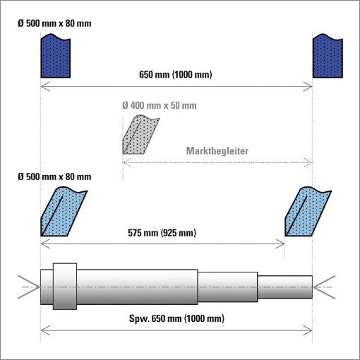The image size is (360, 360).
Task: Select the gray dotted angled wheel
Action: (x=139, y=136)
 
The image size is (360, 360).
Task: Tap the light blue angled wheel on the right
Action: (x=307, y=212)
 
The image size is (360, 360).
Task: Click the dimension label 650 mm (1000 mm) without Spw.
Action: (x=176, y=75)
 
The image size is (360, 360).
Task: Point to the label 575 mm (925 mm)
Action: (x=162, y=233)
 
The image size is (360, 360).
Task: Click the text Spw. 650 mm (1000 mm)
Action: (x=176, y=319)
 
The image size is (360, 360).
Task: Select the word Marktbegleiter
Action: (x=217, y=151)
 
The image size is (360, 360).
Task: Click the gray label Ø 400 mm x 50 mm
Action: (x=160, y=105)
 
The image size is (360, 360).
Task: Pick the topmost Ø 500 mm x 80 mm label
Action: (x=54, y=23)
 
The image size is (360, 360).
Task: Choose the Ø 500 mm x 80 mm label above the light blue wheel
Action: (x=54, y=176)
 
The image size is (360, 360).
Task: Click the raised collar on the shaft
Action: (x=65, y=287)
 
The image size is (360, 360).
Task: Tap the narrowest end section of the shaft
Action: (x=285, y=287)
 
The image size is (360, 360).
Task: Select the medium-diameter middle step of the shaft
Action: (x=228, y=287)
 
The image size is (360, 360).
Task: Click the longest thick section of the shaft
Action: (x=138, y=287)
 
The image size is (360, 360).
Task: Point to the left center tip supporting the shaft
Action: (x=40, y=287)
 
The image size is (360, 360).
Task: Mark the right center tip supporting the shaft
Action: (x=313, y=287)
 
